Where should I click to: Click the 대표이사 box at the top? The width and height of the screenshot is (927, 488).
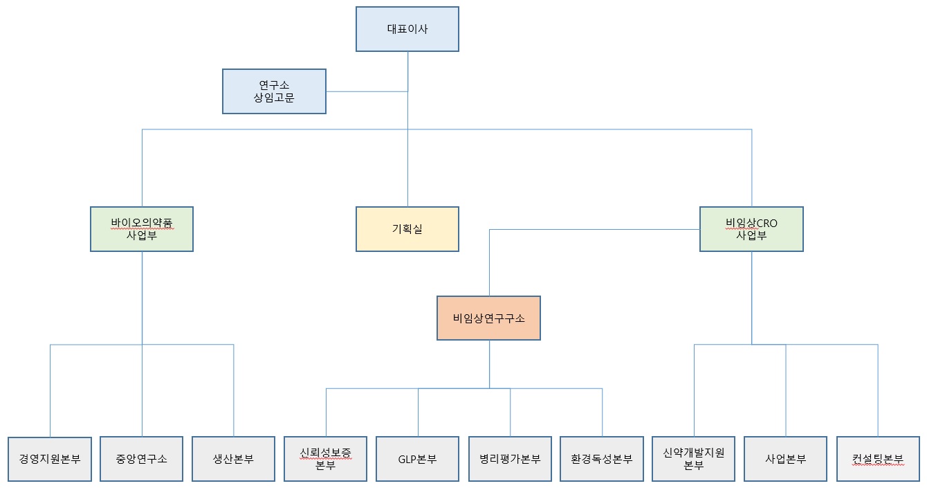click(x=407, y=29)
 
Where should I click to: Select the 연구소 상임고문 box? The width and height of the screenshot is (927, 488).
click(x=274, y=91)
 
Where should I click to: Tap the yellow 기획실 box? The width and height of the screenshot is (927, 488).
click(x=407, y=228)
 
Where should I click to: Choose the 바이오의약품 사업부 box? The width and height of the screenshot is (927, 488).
click(x=142, y=228)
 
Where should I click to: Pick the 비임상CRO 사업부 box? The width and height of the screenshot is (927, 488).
click(x=751, y=228)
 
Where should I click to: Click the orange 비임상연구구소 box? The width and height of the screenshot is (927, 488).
click(x=488, y=318)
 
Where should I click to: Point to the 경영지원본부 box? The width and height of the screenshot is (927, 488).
click(x=50, y=459)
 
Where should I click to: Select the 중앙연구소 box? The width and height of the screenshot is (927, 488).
click(x=142, y=459)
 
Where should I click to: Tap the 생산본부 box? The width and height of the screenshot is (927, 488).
click(x=233, y=459)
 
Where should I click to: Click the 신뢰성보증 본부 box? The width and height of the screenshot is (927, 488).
click(x=325, y=459)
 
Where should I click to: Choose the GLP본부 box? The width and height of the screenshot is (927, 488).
click(x=417, y=459)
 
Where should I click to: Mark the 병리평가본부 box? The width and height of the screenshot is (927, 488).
click(x=510, y=459)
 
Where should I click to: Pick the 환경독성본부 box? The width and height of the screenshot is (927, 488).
click(x=602, y=459)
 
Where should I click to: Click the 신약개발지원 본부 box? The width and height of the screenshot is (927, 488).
click(x=694, y=459)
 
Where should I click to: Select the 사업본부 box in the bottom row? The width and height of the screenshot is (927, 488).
click(x=786, y=459)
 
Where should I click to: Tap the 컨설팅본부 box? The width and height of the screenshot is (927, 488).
click(x=878, y=459)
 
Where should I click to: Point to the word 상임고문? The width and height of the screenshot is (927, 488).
click(x=274, y=98)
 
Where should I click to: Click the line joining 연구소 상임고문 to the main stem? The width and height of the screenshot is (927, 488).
click(x=367, y=91)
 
